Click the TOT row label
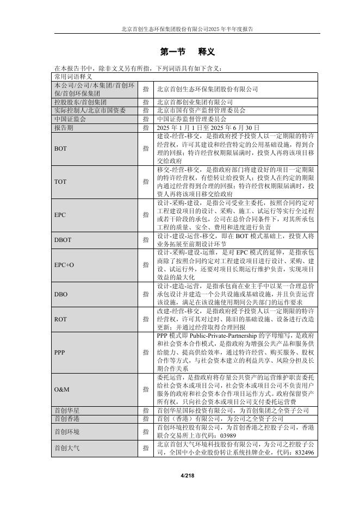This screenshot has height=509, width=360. click(60, 182)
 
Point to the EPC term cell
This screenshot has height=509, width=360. click(60, 215)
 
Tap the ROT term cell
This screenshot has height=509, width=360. click(60, 320)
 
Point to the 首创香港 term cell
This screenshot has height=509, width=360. click(66, 419)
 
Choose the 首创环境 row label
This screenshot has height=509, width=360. click(66, 431)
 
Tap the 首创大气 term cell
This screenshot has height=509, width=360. click(66, 448)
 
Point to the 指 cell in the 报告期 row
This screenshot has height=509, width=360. click(145, 127)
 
